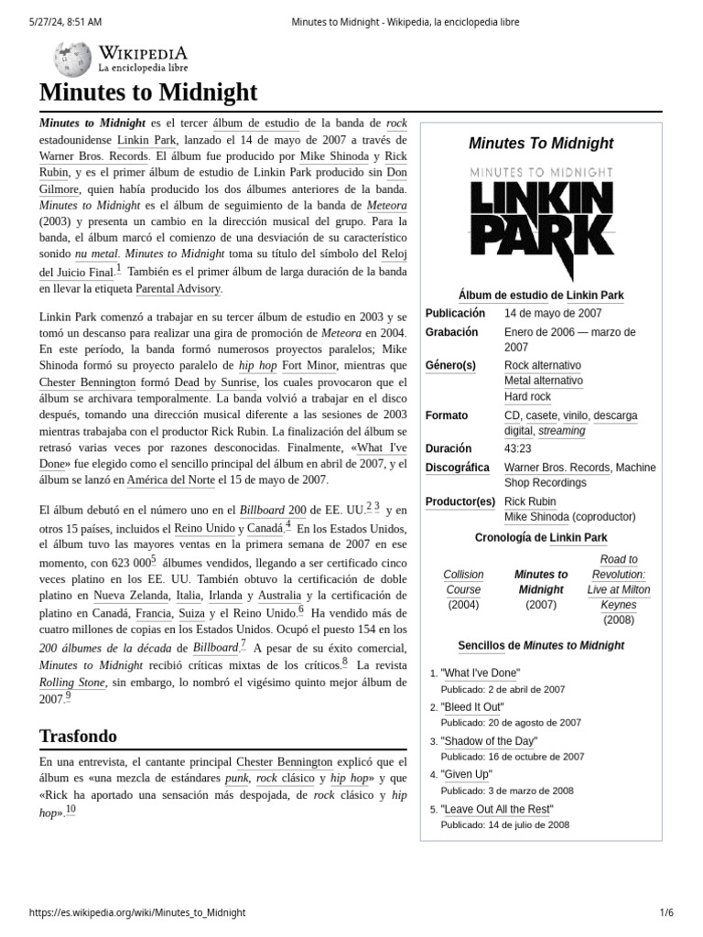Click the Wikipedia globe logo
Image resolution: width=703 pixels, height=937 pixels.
[x=72, y=59]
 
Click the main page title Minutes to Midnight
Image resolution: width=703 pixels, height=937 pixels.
[x=148, y=92]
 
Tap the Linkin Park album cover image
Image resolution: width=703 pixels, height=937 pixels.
[x=541, y=220]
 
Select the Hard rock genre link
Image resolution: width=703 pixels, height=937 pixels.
[x=527, y=396]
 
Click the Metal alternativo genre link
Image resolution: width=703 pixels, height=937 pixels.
[x=543, y=381]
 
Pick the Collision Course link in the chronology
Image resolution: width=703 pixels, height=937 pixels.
[x=463, y=582]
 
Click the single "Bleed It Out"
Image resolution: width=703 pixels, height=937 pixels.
[x=471, y=707]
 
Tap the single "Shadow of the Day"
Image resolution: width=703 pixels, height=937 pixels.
[x=489, y=741]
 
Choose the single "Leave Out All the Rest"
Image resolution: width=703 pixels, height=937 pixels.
[x=496, y=809]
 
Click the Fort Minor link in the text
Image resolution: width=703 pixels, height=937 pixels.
[x=285, y=364]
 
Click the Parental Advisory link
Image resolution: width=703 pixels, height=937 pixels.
[x=178, y=288]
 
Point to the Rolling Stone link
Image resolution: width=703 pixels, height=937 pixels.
[x=72, y=682]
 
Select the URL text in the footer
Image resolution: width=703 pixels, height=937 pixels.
[x=137, y=912]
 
